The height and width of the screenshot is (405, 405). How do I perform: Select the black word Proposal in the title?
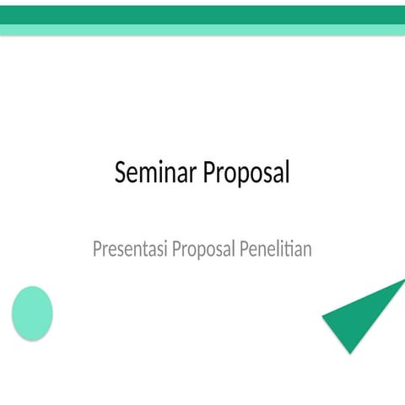click(245, 174)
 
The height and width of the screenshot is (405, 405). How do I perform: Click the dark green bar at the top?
click(202, 14)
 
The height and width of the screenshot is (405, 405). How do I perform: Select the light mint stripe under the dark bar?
click(202, 30)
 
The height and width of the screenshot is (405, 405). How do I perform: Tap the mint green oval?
click(32, 313)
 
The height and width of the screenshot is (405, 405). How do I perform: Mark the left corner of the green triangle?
click(323, 317)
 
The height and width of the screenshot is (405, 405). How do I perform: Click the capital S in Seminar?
click(121, 173)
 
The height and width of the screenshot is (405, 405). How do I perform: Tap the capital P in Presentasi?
click(97, 250)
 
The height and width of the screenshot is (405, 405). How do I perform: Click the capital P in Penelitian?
click(245, 250)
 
